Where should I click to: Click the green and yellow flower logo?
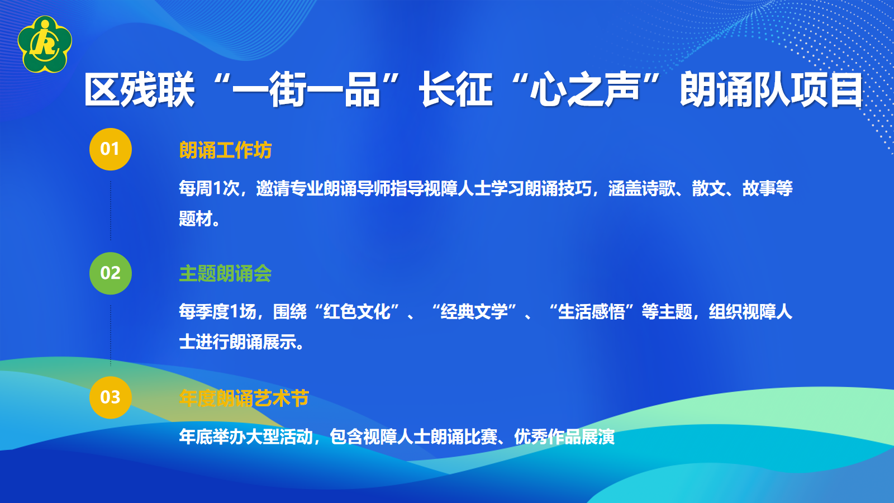45,44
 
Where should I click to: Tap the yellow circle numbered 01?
111,149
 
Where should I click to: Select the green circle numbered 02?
111,273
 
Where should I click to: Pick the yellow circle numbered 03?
111,397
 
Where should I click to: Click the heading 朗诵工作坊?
225,150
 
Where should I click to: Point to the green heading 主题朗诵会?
225,274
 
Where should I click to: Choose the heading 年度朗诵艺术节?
244,398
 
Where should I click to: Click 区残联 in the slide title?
139,90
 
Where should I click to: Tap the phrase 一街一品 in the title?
306,90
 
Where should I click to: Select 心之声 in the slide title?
584,90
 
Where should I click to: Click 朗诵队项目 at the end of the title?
771,90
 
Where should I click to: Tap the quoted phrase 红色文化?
357,312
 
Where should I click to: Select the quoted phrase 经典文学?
474,312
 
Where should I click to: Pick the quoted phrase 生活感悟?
592,312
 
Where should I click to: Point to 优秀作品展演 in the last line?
564,436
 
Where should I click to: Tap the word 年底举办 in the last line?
212,436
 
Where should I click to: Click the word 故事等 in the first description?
767,189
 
